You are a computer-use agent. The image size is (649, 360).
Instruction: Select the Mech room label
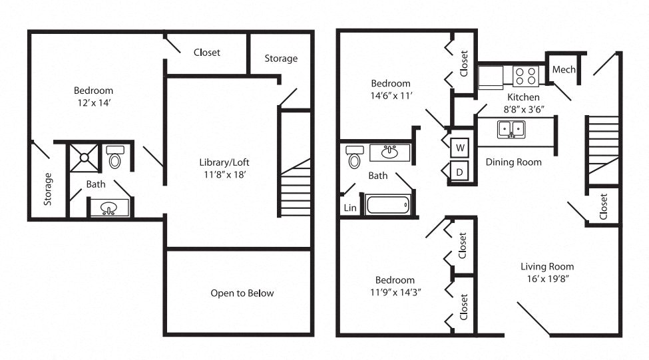(x=564, y=70)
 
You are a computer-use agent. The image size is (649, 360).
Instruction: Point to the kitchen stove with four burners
(x=526, y=76)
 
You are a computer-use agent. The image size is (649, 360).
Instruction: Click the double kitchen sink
(x=511, y=128)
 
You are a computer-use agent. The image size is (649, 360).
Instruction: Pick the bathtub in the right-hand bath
(x=388, y=204)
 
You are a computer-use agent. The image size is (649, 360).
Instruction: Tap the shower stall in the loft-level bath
(x=85, y=158)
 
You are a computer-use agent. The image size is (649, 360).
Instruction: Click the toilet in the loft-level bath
(x=115, y=157)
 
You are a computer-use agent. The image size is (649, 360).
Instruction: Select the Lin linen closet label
(x=349, y=208)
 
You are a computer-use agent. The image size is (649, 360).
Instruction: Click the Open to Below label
(x=242, y=293)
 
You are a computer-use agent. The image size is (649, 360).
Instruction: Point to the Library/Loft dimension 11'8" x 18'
(x=224, y=175)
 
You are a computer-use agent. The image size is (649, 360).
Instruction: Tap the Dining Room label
(x=513, y=162)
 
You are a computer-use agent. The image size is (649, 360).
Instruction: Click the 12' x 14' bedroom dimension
(x=93, y=103)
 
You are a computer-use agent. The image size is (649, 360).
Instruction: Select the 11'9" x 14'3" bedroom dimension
(x=394, y=291)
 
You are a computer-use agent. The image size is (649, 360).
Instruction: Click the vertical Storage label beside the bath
(x=48, y=188)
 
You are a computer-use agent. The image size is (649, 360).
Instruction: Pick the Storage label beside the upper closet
(x=281, y=59)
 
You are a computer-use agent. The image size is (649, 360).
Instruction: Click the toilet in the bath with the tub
(x=354, y=158)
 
